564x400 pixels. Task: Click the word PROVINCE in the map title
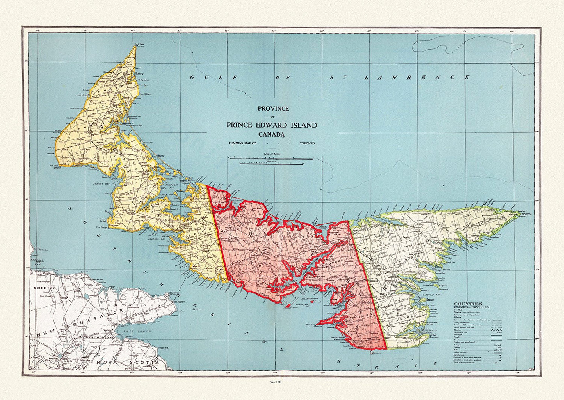point(273,109)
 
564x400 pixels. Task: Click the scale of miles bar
point(272,159)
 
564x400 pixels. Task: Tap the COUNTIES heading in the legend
point(468,304)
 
